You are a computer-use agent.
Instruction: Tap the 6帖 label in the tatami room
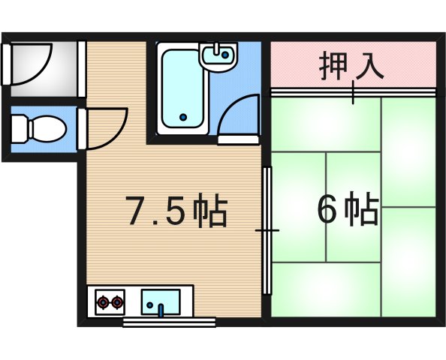click(x=347, y=210)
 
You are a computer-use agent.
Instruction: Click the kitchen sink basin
click(x=160, y=301)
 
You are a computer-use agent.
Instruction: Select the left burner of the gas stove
click(x=102, y=303)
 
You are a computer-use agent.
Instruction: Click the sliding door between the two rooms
click(x=267, y=231)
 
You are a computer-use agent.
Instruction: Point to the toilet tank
click(x=17, y=128)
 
